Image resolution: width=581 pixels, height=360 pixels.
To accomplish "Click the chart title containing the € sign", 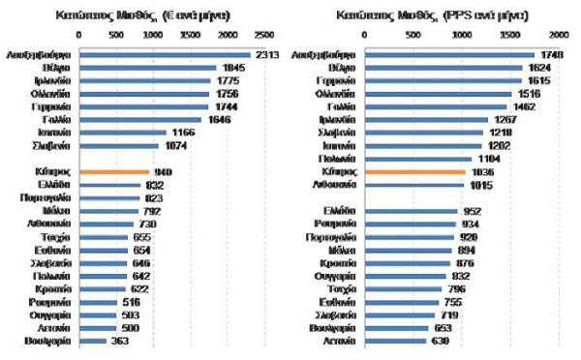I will point(160,15).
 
